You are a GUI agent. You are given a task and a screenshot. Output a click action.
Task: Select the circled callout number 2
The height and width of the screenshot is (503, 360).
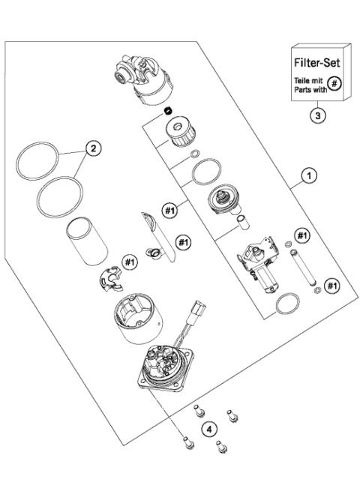(93, 148)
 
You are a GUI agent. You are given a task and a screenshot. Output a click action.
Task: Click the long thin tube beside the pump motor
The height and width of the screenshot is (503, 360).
(304, 266)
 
